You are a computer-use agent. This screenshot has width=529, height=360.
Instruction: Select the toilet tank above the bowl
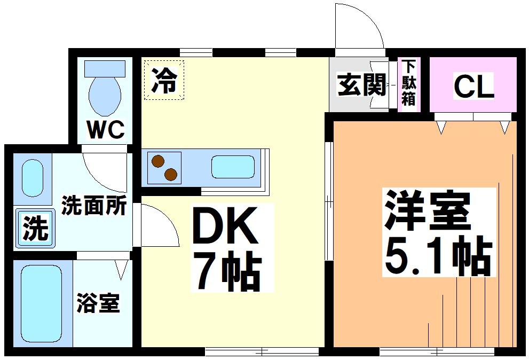point(105,67)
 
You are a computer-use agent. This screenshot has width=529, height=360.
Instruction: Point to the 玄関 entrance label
point(361,85)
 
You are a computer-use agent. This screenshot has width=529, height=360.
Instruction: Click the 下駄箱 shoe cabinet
point(408,83)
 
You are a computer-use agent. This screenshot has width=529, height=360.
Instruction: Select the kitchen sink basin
point(233,167)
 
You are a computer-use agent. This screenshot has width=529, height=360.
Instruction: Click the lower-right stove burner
point(171,174)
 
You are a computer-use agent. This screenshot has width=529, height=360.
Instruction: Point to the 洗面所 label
point(93,205)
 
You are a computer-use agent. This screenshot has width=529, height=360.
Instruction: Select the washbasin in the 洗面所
point(33,178)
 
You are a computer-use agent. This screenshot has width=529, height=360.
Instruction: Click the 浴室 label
point(98,304)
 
